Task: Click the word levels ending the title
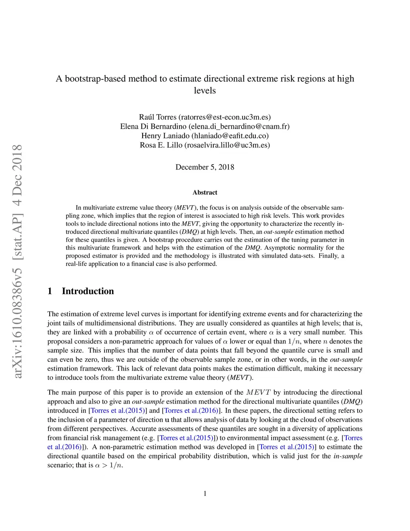[205, 91]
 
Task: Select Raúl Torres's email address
[225, 117]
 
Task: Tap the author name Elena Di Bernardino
[153, 126]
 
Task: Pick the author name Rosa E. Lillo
[161, 145]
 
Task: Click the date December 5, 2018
[205, 167]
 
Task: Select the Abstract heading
[205, 192]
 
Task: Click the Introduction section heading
[88, 291]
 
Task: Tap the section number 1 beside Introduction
[50, 291]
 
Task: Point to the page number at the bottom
[205, 494]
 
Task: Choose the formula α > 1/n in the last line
[109, 465]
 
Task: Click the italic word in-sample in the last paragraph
[348, 456]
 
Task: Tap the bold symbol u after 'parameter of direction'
[167, 420]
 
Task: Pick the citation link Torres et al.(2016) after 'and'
[191, 410]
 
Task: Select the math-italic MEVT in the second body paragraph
[258, 392]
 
